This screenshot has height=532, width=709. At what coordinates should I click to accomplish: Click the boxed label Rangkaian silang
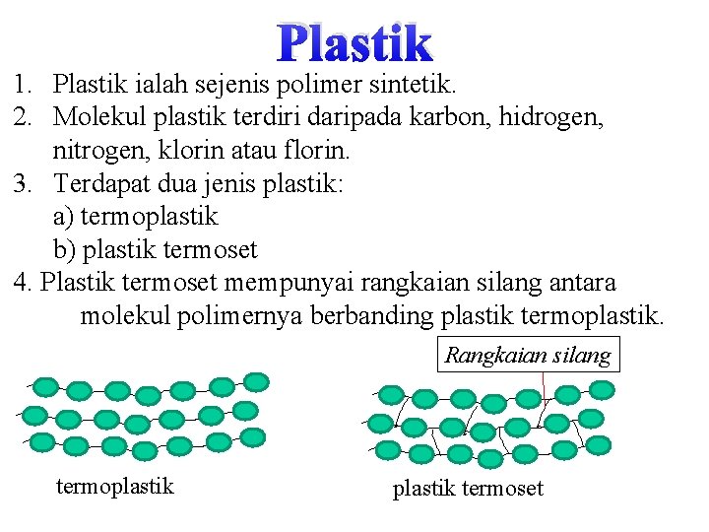pos(528,355)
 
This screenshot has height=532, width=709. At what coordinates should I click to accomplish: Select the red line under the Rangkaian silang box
pos(543,386)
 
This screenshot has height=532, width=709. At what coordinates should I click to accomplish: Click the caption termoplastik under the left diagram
pos(115,486)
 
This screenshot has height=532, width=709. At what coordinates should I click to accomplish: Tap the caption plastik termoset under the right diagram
pos(468,488)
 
